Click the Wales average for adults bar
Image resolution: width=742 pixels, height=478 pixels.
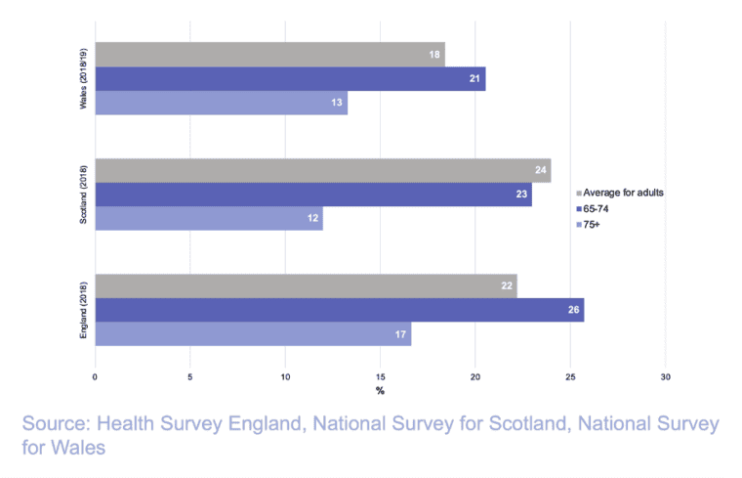269,55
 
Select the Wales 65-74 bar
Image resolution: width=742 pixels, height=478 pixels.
290,79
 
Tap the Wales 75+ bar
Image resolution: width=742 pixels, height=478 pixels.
221,103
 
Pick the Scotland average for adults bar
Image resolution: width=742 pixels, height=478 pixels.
322,170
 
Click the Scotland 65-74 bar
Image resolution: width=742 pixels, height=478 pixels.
312,195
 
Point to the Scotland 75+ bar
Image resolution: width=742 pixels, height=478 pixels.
208,218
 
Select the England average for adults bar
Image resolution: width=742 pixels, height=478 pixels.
306,286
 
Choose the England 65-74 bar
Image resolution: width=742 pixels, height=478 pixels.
339,311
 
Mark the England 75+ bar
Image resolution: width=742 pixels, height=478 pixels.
253,334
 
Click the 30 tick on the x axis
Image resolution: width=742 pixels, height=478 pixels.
666,376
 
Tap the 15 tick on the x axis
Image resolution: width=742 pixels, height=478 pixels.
380,376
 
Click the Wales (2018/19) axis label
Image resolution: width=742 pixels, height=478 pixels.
84,79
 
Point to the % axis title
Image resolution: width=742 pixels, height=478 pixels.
380,391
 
